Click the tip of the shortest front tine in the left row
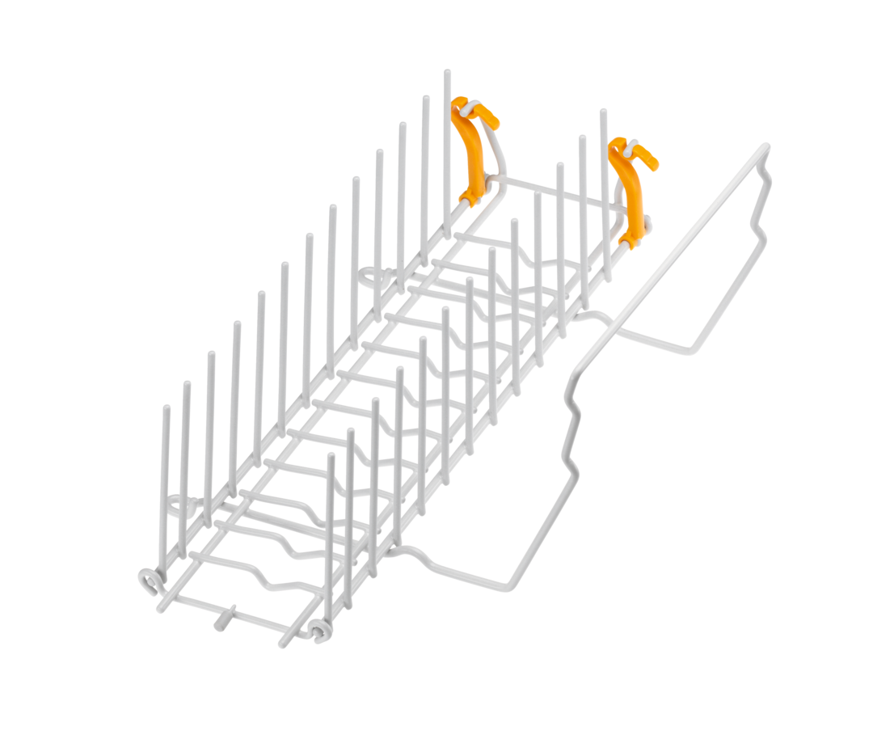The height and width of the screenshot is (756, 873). (166, 407)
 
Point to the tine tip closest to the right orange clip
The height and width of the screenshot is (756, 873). (602, 111)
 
